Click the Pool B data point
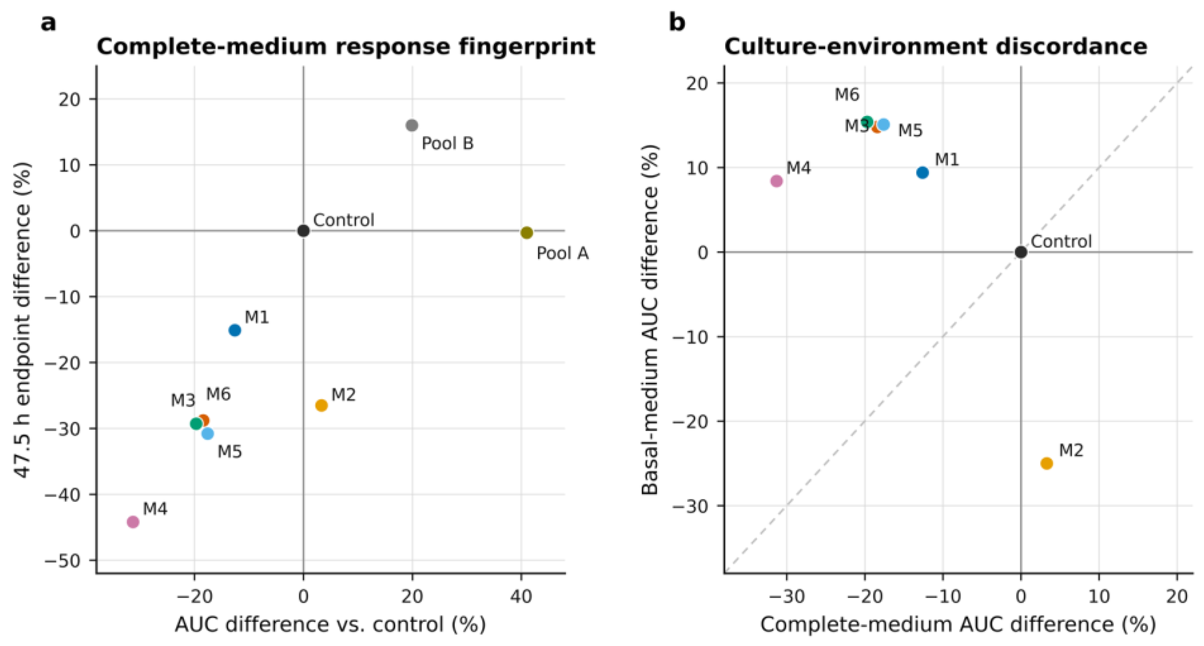click(x=412, y=125)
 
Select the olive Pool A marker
click(x=527, y=232)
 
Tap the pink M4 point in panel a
click(x=133, y=522)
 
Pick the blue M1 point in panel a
click(x=235, y=330)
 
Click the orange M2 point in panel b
click(x=1046, y=463)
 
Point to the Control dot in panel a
click(x=303, y=231)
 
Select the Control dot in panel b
click(x=1021, y=252)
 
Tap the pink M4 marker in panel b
click(x=776, y=181)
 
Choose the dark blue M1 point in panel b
click(x=922, y=172)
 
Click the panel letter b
click(x=677, y=22)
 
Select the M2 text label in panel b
click(x=1071, y=450)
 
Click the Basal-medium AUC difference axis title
click(x=650, y=320)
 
